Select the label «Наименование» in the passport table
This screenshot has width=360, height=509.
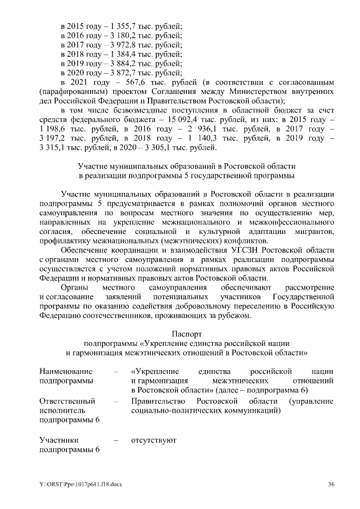click(x=66, y=372)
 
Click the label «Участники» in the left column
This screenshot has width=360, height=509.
click(x=59, y=440)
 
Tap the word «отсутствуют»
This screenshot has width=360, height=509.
click(x=153, y=440)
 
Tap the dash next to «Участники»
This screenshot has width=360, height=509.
click(x=116, y=440)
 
